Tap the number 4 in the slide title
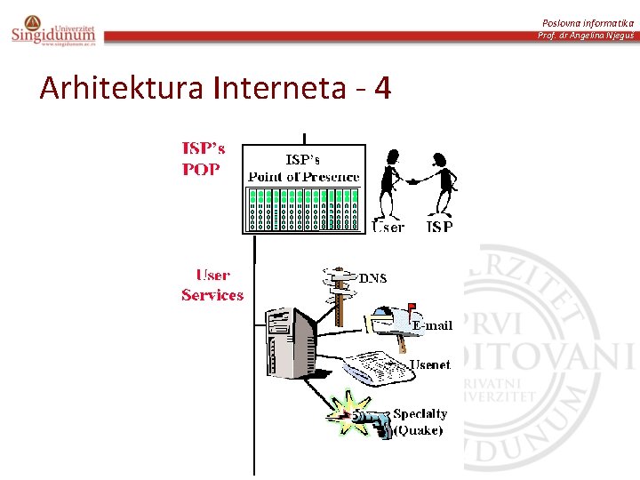[x=382, y=88]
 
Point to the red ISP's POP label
[x=204, y=158]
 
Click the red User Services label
[x=212, y=285]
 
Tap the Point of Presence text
[x=304, y=177]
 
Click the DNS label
[x=373, y=278]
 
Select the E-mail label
[x=431, y=325]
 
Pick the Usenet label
[x=430, y=364]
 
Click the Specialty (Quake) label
[x=420, y=422]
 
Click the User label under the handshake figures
[x=388, y=227]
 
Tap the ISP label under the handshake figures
[x=440, y=227]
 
